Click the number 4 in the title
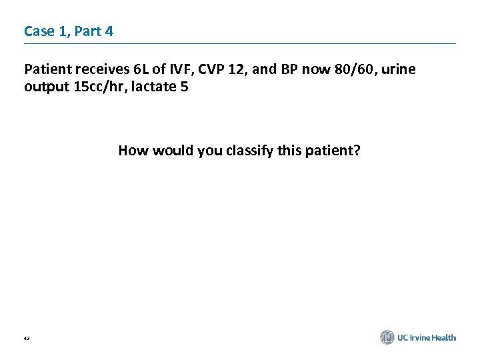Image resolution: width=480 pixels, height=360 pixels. click(x=108, y=31)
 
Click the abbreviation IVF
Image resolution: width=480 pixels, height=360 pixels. click(x=177, y=70)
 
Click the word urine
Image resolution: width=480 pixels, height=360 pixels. click(x=398, y=70)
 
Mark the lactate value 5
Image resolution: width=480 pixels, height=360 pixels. click(x=184, y=87)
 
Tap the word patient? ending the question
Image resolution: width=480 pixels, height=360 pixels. click(x=334, y=151)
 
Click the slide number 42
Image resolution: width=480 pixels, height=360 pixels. click(x=27, y=339)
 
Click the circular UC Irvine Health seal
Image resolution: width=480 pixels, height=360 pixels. click(x=387, y=337)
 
